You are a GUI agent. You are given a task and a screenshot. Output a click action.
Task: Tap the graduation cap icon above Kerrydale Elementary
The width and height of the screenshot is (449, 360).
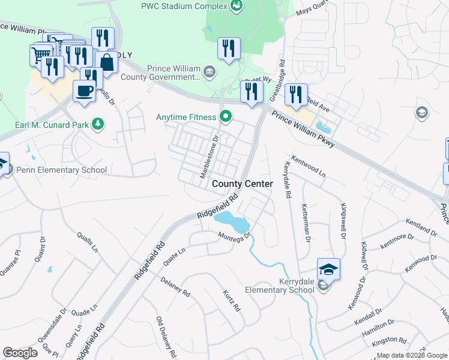coord(328,269)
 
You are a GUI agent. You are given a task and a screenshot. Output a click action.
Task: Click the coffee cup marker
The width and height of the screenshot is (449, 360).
coord(84,91)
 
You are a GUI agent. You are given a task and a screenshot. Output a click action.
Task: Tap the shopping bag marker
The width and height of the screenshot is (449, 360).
coord(106,62)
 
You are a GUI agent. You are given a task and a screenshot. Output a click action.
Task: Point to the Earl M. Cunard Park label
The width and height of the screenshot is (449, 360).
coord(51,125)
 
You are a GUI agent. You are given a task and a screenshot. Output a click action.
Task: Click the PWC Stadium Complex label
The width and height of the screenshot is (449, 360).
coord(184,6)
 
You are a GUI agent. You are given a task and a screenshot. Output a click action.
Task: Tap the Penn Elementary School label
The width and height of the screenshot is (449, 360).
coord(62,170)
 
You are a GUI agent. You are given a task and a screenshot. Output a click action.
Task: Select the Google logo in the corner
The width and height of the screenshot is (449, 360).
coord(20,353)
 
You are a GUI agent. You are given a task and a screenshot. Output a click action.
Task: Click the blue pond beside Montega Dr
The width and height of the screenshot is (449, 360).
coord(233,221)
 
